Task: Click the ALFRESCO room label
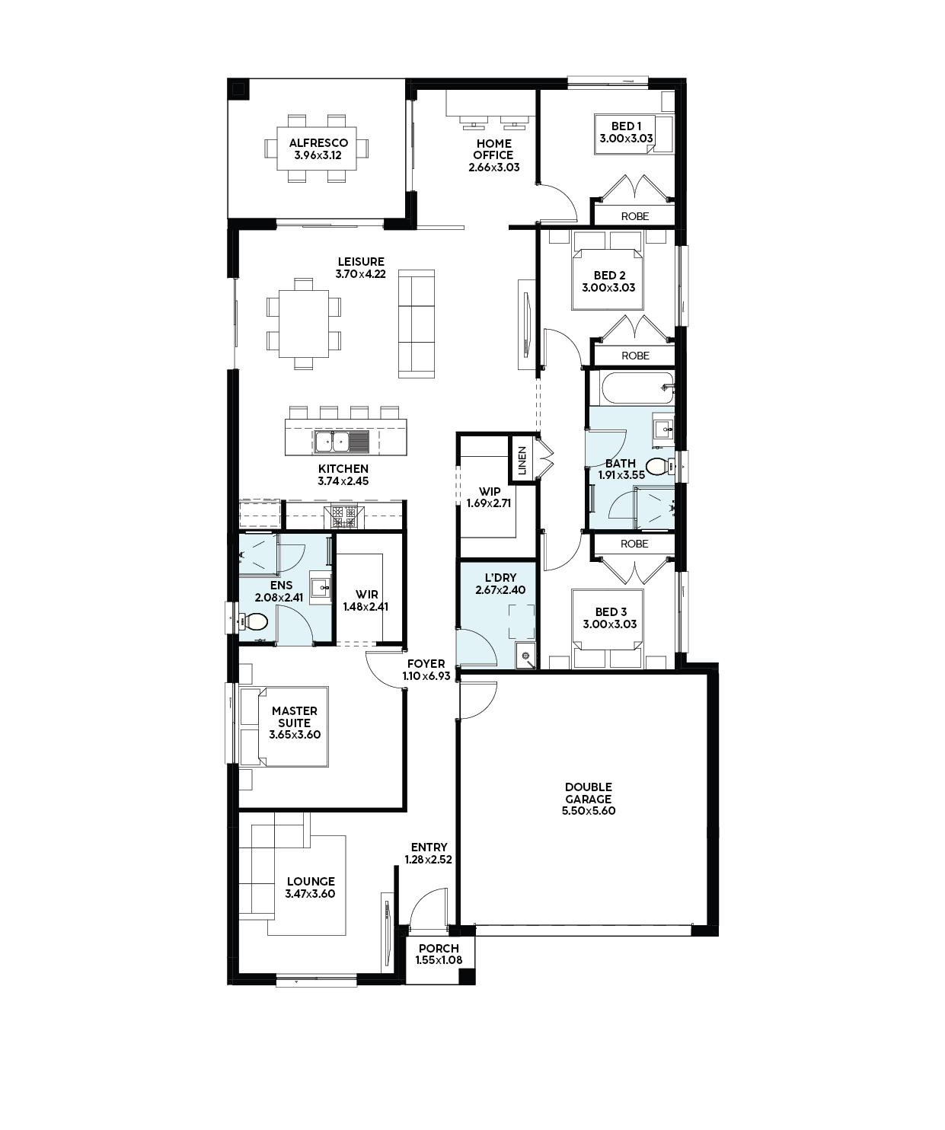[x=318, y=143]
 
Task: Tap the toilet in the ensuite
[x=254, y=622]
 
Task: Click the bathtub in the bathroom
[x=637, y=388]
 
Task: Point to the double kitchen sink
[x=333, y=442]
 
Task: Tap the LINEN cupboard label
[x=522, y=461]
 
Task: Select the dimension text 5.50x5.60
[x=589, y=811]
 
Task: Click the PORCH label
[x=439, y=949]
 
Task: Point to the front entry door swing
[x=429, y=909]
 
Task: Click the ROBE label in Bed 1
[x=635, y=216]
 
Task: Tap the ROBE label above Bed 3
[x=634, y=544]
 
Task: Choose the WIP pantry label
[x=490, y=491]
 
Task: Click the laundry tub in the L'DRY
[x=525, y=656]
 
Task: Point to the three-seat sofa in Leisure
[x=417, y=324]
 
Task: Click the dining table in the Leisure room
[x=304, y=324]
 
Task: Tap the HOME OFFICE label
[x=493, y=148]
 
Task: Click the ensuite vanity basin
[x=321, y=586]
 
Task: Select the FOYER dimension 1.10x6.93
[x=426, y=676]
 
